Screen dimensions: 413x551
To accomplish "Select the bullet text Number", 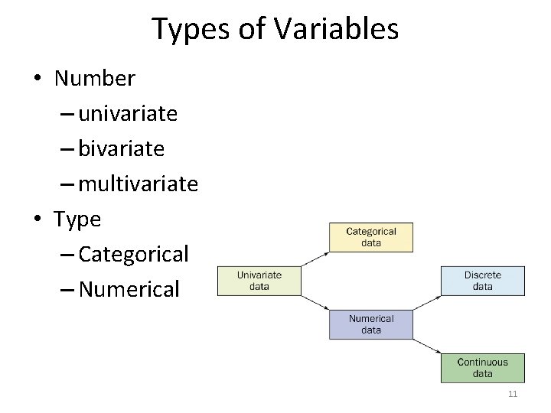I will click(95, 79).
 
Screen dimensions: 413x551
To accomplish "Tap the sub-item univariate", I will click(128, 114).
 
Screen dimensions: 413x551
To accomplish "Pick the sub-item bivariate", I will click(121, 148).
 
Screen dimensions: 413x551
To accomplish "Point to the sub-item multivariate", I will click(138, 184).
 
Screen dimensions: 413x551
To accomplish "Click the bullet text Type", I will click(77, 219).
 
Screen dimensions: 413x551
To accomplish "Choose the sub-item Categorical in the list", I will click(133, 254).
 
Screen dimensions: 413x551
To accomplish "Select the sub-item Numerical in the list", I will click(129, 289).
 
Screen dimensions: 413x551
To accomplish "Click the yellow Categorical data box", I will click(371, 237).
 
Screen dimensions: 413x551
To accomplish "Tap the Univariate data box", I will click(259, 281).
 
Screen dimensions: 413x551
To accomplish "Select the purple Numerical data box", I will click(371, 324).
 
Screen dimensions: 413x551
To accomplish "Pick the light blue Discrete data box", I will click(482, 281).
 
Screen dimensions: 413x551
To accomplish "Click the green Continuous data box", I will click(482, 368).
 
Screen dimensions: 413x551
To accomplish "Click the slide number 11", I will click(513, 394).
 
